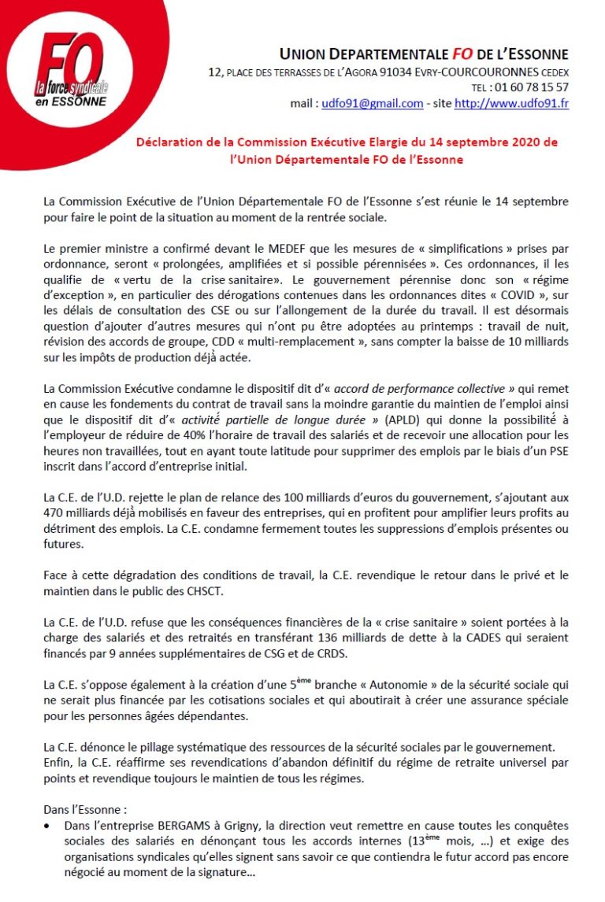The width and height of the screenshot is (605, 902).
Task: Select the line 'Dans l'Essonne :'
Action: point(86,808)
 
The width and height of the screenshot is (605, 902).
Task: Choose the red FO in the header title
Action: point(462,54)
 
